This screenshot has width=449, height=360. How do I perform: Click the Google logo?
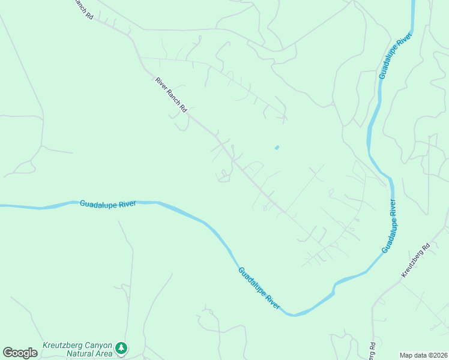pyautogui.click(x=20, y=353)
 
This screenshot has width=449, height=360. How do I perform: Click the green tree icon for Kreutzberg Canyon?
pyautogui.click(x=122, y=348)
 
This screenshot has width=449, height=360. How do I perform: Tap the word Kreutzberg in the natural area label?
pyautogui.click(x=61, y=346)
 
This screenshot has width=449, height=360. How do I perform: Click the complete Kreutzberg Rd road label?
pyautogui.click(x=416, y=260)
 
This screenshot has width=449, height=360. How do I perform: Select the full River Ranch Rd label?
pyautogui.click(x=171, y=95)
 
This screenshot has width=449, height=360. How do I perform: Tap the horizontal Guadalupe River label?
pyautogui.click(x=108, y=204)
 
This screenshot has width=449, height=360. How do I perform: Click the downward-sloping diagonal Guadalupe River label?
pyautogui.click(x=259, y=288)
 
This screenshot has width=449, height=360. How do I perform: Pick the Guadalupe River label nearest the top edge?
pyautogui.click(x=394, y=58)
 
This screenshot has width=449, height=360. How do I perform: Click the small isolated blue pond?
pyautogui.click(x=276, y=147)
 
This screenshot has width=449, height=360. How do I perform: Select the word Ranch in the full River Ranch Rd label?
pyautogui.click(x=172, y=95)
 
